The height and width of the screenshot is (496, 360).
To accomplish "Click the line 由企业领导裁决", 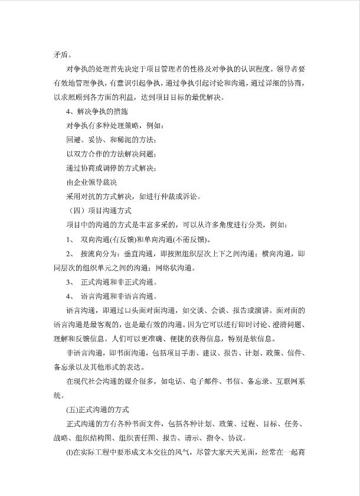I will [91, 182].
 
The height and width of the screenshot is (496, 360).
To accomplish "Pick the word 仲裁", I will [163, 197].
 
